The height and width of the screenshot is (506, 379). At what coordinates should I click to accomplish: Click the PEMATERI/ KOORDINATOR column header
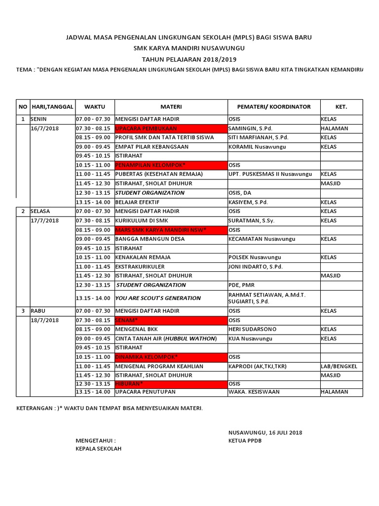tap(273, 107)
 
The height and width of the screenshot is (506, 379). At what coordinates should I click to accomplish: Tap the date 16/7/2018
tap(44, 128)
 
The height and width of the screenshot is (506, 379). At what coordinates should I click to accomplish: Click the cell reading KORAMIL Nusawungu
tap(257, 147)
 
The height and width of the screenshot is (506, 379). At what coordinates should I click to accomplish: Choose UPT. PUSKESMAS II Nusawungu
tap(270, 174)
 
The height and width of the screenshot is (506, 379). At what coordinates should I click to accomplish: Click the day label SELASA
tap(40, 211)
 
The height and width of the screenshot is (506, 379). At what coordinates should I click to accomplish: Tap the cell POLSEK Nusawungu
tap(255, 257)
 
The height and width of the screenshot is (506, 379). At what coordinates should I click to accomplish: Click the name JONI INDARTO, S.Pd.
tap(256, 267)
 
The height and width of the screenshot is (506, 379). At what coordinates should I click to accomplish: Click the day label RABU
tap(38, 311)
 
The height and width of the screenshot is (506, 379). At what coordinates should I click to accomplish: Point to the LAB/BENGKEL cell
tap(339, 367)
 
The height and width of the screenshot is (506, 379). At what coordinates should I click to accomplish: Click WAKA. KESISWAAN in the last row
tap(254, 392)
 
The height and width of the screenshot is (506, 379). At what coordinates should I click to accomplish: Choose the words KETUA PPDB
tap(245, 441)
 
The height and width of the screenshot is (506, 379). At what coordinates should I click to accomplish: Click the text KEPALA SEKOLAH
tap(98, 449)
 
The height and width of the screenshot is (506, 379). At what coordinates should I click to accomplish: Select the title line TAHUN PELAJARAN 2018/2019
tap(189, 59)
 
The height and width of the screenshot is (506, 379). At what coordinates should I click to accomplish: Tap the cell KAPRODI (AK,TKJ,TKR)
tap(257, 367)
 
